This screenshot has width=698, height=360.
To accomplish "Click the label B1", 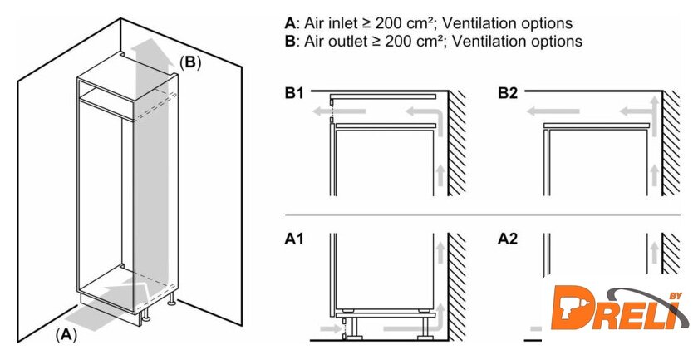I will point(293,94).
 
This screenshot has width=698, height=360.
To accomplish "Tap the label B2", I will point(508,94).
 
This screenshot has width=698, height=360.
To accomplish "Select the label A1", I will point(293,239).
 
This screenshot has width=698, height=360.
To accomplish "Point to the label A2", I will point(508,239).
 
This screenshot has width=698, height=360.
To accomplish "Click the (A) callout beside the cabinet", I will point(66,334).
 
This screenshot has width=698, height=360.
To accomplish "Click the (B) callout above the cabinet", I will point(190,62).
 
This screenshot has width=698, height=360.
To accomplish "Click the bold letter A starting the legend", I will point(289,22).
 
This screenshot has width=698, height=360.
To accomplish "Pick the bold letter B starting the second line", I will point(289,40).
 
